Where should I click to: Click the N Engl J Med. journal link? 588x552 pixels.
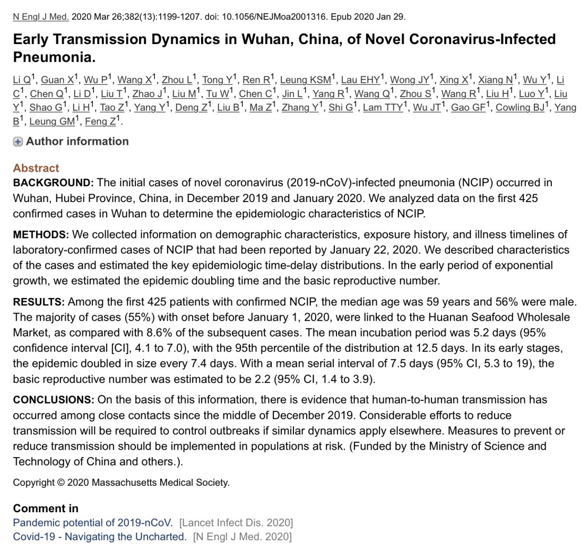pyautogui.click(x=41, y=16)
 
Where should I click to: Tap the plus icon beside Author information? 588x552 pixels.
pyautogui.click(x=18, y=142)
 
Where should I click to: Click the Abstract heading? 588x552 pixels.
pyautogui.click(x=36, y=168)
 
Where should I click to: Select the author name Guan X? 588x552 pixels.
pyautogui.click(x=57, y=80)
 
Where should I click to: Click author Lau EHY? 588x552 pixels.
pyautogui.click(x=360, y=80)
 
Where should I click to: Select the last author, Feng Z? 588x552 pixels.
pyautogui.click(x=100, y=121)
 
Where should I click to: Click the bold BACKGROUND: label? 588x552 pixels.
pyautogui.click(x=53, y=183)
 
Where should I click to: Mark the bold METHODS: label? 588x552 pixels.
pyautogui.click(x=41, y=235)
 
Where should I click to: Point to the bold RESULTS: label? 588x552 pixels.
pyautogui.click(x=39, y=302)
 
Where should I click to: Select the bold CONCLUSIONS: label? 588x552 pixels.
pyautogui.click(x=53, y=399)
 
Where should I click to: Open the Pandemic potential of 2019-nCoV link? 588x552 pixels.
pyautogui.click(x=93, y=523)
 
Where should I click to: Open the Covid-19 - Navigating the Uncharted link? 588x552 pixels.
pyautogui.click(x=100, y=537)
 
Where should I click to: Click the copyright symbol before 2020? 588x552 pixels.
pyautogui.click(x=60, y=483)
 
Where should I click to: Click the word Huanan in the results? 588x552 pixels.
pyautogui.click(x=445, y=317)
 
